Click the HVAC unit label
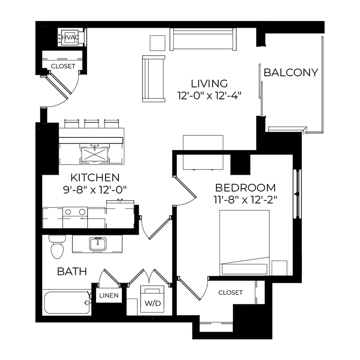point(71,37)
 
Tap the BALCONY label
point(291,72)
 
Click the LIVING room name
point(209,84)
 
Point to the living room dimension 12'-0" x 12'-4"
point(209,96)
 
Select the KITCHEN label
point(95,178)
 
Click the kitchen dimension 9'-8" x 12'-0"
point(95,190)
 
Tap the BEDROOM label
point(245,188)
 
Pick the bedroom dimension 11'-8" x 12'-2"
point(245,200)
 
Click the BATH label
point(72,272)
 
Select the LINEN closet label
point(109,296)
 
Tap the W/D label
point(153,303)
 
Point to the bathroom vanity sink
point(98,244)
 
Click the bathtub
point(67,302)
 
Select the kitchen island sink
point(95,154)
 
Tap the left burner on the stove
point(68,212)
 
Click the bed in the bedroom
point(244,243)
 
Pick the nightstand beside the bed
point(279,268)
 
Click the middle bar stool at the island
point(92,123)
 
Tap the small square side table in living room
point(157,43)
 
